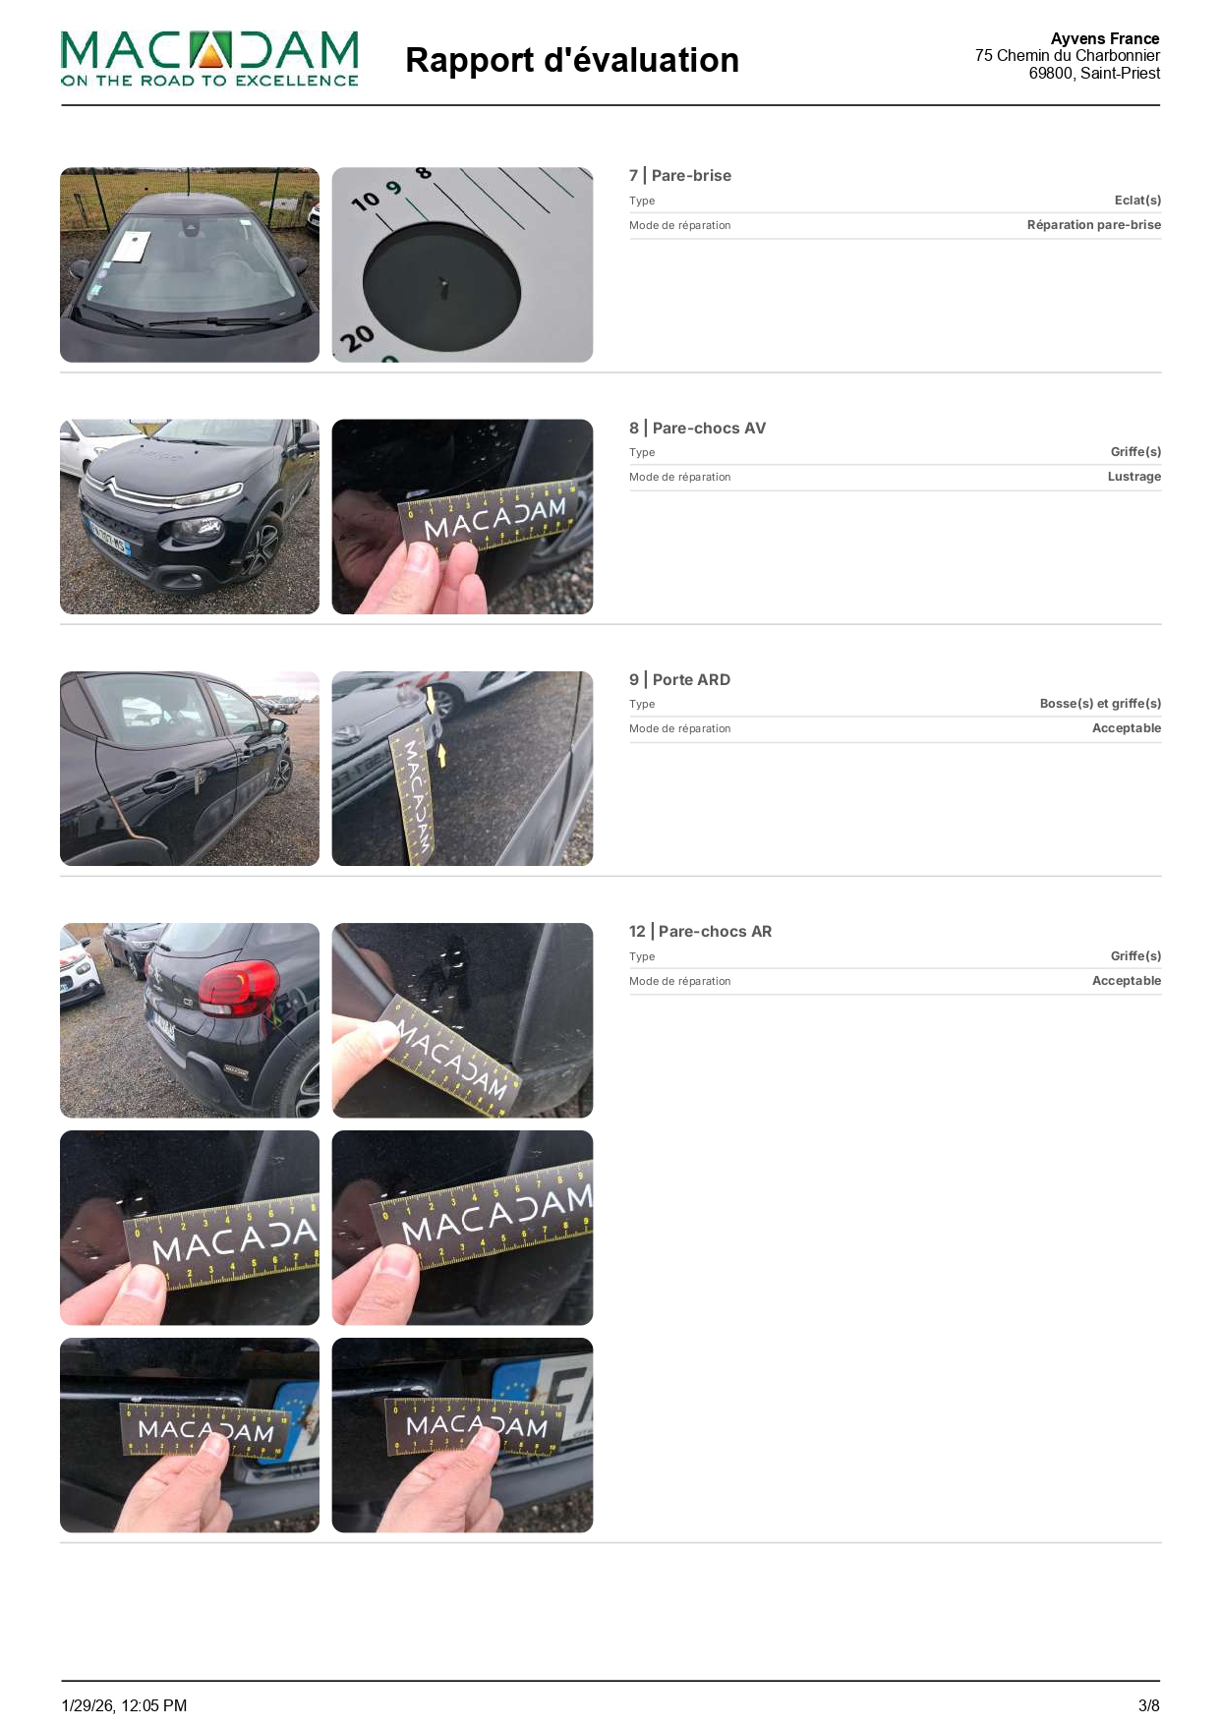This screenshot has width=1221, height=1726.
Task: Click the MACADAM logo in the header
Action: (x=209, y=59)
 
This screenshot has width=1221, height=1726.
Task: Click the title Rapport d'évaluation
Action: (x=571, y=60)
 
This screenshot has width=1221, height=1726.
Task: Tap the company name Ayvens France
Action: (x=1105, y=38)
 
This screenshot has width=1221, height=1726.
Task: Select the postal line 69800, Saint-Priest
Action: (x=1094, y=73)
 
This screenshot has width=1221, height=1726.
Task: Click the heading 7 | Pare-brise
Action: (x=680, y=175)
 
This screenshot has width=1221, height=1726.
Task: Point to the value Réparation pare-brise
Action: (x=1093, y=225)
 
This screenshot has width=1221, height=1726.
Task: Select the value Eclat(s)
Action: (x=1137, y=201)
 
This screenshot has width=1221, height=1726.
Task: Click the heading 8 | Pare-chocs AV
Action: (x=697, y=428)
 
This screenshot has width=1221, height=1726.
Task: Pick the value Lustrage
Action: (x=1134, y=477)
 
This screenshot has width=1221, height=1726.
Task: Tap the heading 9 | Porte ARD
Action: (x=679, y=679)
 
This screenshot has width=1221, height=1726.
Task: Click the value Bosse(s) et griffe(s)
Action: (x=1100, y=704)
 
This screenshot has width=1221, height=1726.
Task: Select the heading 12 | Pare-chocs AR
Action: (x=700, y=931)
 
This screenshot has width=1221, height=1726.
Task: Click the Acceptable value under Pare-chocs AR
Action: (x=1127, y=981)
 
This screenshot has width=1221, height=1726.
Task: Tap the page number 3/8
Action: (x=1148, y=1705)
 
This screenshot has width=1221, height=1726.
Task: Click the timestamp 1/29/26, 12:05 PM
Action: (x=124, y=1705)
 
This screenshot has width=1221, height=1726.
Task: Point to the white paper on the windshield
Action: (x=131, y=247)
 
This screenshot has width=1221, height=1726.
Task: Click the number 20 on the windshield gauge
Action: (x=357, y=338)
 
